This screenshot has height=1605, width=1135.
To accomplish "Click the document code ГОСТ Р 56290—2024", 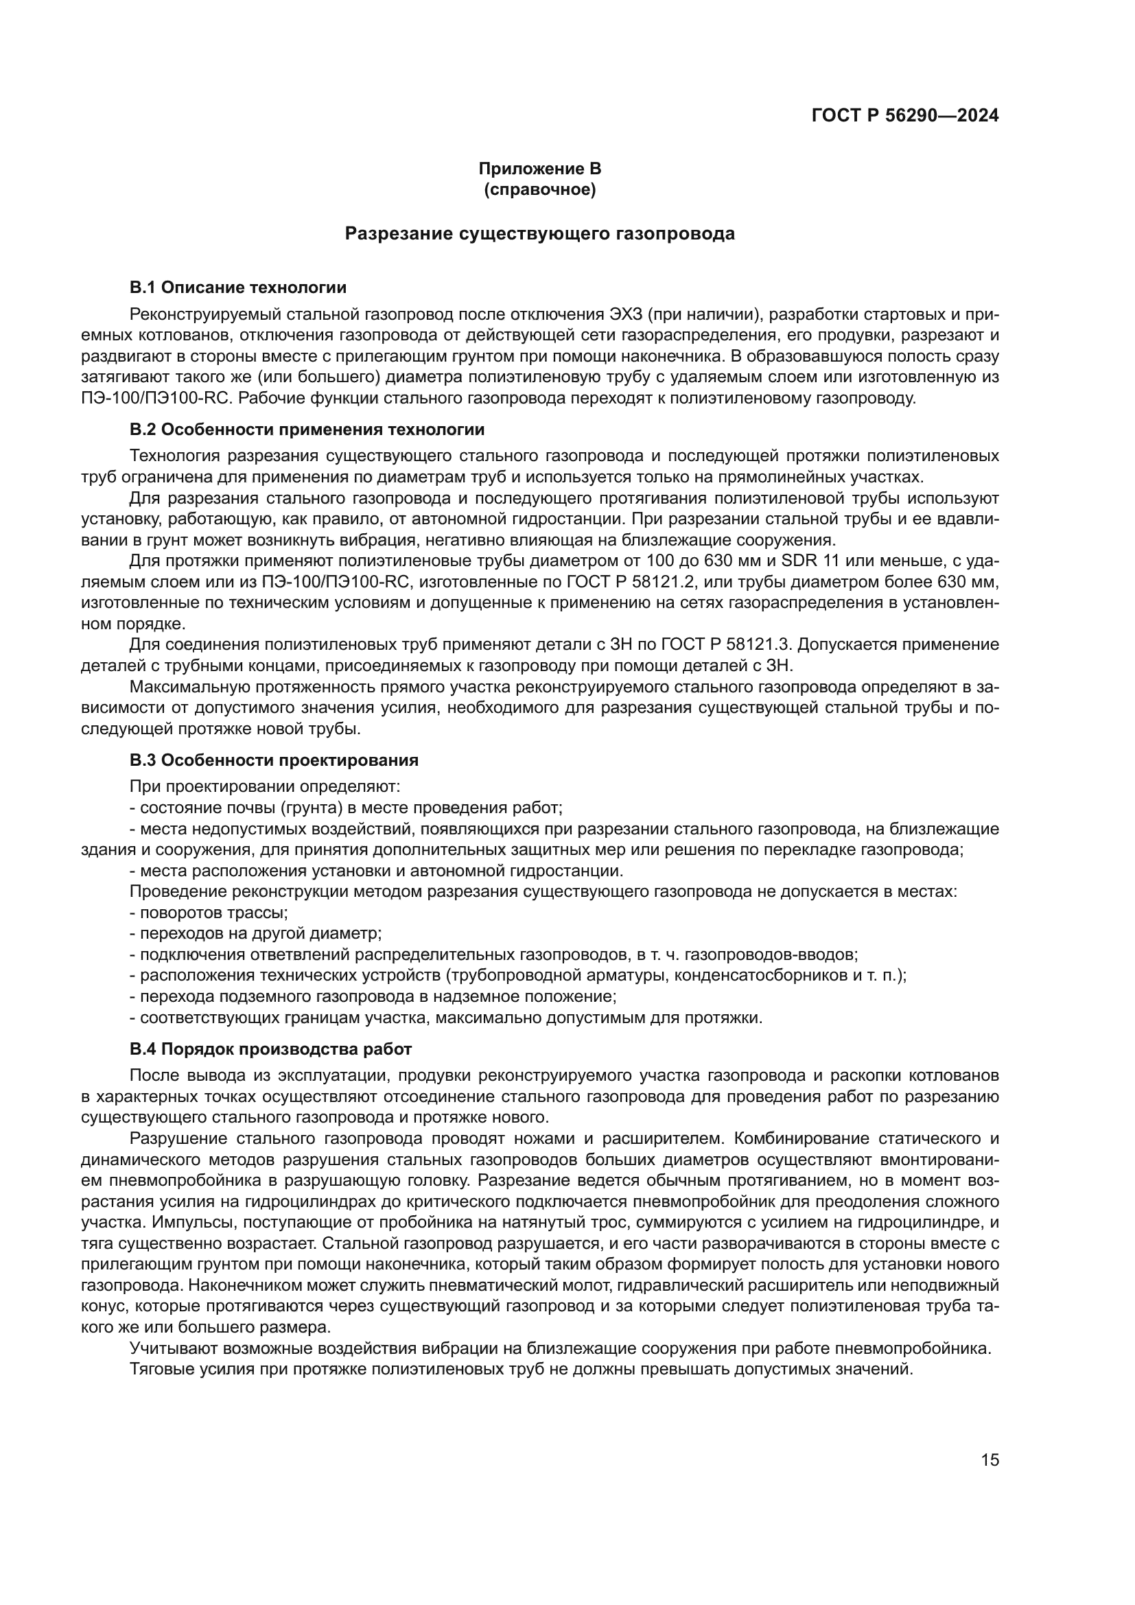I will [x=905, y=116].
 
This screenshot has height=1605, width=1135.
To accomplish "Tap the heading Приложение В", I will [x=539, y=169].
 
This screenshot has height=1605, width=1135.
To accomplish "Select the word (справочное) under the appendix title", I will [x=539, y=189].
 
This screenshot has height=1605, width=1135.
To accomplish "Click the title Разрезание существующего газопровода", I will [x=539, y=233].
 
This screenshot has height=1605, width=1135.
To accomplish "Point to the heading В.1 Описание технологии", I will [x=237, y=288].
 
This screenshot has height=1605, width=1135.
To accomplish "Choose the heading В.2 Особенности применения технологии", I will [x=307, y=429].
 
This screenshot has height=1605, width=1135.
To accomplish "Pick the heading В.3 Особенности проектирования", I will [x=274, y=760].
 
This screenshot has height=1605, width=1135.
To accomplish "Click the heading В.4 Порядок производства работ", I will [x=270, y=1049].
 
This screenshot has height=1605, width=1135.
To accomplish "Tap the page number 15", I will [x=990, y=1460].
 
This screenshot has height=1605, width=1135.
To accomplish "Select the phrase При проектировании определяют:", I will [x=265, y=786].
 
